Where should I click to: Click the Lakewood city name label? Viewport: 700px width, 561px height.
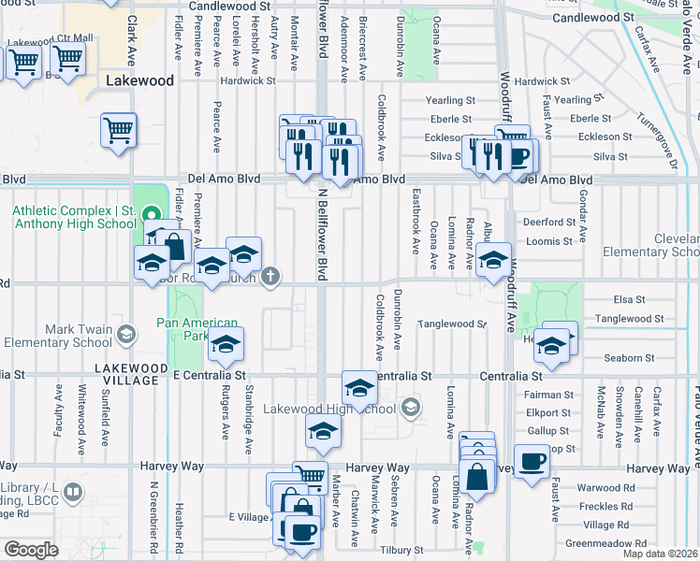point(140,81)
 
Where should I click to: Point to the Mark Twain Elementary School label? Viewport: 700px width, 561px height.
point(89,336)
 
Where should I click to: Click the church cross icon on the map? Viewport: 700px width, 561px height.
point(270,276)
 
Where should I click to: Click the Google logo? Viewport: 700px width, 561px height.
point(31,550)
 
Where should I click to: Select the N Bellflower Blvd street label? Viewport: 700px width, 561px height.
point(322,235)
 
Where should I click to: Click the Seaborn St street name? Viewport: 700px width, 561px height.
point(629,358)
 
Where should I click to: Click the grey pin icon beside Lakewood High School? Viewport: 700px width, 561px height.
point(409,408)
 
